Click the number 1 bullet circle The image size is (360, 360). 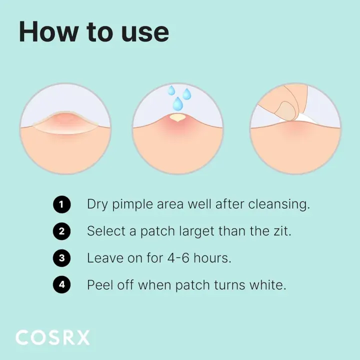[61, 204]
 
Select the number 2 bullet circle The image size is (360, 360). [61, 231]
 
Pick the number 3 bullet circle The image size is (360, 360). [61, 258]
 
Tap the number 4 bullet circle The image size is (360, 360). [61, 285]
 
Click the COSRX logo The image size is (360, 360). [52, 337]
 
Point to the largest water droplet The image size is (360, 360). [177, 104]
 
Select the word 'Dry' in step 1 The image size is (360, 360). [97, 205]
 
